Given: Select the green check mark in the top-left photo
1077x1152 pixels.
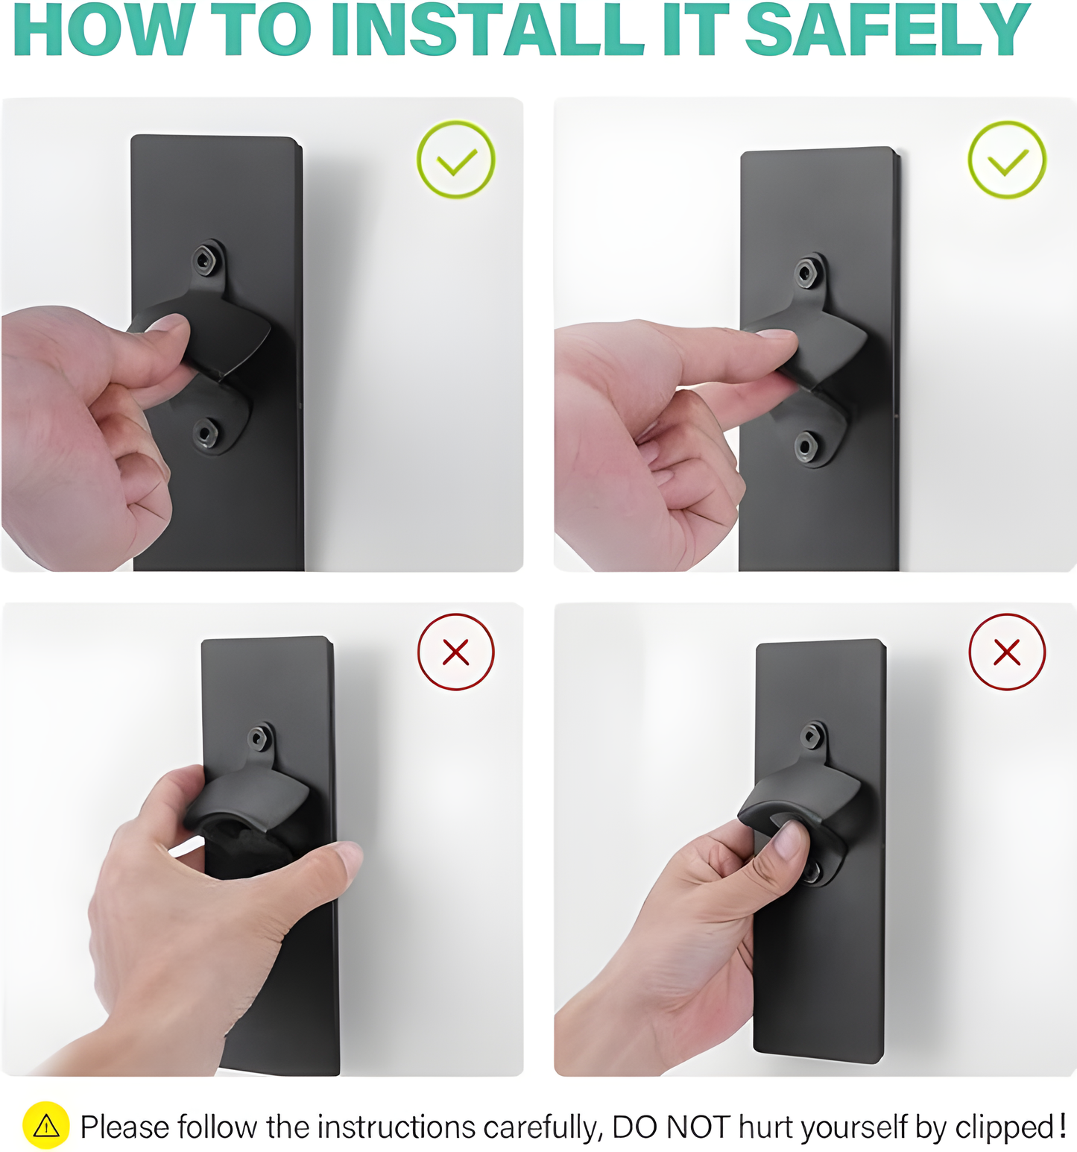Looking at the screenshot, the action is coord(456,160).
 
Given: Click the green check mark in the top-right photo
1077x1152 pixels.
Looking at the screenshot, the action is coord(1007,160).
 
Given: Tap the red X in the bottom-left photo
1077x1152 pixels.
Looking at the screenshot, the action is coord(456,652).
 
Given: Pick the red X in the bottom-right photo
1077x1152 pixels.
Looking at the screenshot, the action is coord(1007,652).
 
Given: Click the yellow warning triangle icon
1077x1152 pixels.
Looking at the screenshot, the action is coord(46,1125).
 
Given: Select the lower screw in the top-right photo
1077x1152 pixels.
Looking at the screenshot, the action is coord(806,447).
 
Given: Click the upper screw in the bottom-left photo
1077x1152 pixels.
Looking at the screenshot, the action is coord(259,738).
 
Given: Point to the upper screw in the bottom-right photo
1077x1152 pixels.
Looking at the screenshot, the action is coord(812,736).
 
